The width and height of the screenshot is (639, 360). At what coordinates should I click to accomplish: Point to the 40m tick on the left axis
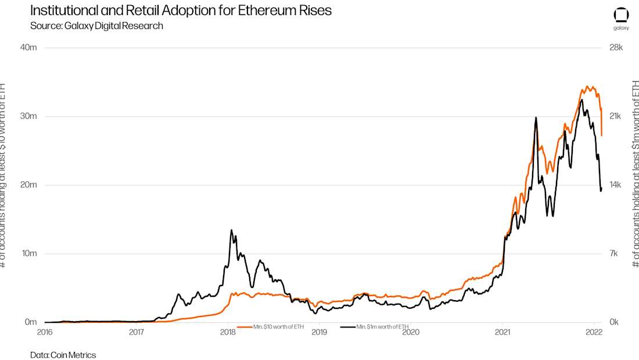click(28, 48)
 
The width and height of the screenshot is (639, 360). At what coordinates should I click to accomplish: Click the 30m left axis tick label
click(28, 116)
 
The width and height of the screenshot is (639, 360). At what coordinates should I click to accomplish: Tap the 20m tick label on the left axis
click(28, 185)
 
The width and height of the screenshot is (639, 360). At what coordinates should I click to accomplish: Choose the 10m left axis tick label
click(28, 254)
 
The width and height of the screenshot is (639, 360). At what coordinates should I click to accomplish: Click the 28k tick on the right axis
click(615, 48)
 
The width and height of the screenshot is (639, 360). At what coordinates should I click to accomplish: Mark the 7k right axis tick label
click(615, 254)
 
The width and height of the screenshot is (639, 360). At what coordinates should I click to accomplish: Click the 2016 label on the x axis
click(45, 332)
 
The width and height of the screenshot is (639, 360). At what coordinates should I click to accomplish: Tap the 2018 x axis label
click(228, 332)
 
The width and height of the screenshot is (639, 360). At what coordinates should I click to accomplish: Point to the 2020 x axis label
click(411, 332)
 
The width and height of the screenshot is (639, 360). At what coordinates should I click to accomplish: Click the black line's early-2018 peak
click(231, 230)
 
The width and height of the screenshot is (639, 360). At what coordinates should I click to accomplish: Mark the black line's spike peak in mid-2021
click(536, 117)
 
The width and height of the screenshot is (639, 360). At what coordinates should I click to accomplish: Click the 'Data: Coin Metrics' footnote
click(63, 355)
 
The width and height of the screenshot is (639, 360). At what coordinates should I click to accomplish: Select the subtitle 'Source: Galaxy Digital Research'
click(96, 26)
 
